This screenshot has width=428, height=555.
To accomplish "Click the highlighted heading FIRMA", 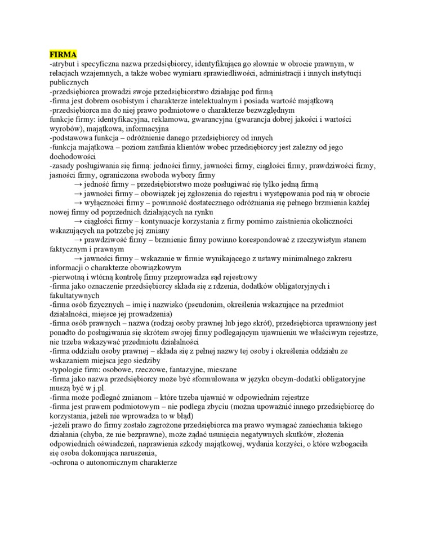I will (x=62, y=55).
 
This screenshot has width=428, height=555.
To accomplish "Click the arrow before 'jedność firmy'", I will (x=78, y=184).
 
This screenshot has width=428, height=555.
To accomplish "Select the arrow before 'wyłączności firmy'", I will (x=78, y=202).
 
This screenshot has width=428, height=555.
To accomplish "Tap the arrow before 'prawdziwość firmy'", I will (x=78, y=239).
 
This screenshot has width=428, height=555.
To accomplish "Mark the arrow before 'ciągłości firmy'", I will (x=78, y=221).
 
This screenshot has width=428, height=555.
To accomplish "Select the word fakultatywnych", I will (x=74, y=295).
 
